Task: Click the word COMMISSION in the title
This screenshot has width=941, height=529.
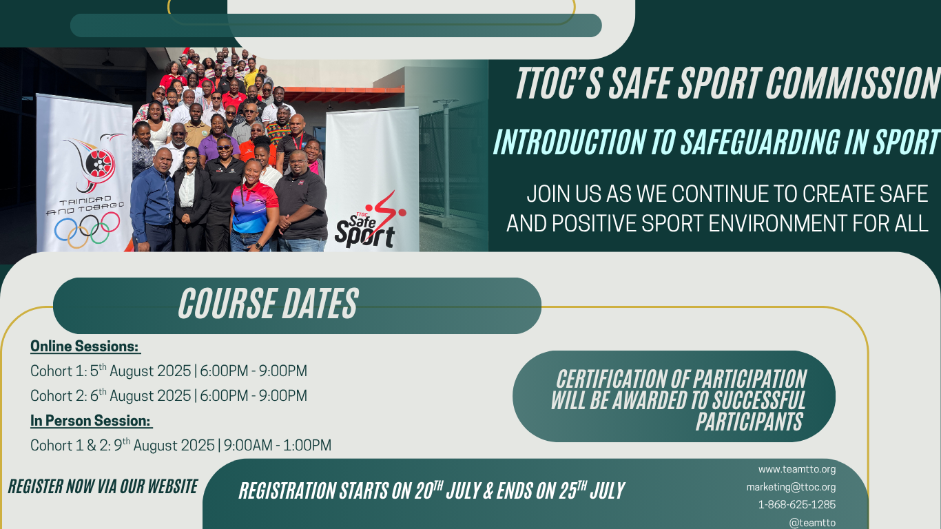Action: coord(853,83)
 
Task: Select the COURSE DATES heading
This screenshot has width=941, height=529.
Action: coord(268,303)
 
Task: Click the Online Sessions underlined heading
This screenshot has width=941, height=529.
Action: coord(85,346)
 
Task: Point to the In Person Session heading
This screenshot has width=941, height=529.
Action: coord(90,421)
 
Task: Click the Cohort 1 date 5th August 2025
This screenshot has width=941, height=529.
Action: coord(141,371)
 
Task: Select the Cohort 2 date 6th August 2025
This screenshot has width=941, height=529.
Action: coord(141,396)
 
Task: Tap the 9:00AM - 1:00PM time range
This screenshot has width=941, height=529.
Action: coord(277,446)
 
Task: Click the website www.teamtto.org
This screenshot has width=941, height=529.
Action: coord(796,469)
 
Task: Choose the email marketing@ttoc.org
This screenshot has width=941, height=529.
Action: coord(791,487)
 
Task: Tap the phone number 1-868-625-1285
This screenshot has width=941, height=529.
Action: coord(796,505)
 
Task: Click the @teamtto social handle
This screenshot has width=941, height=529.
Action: coord(812,523)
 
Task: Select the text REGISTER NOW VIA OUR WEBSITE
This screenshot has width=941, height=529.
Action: coord(103,486)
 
